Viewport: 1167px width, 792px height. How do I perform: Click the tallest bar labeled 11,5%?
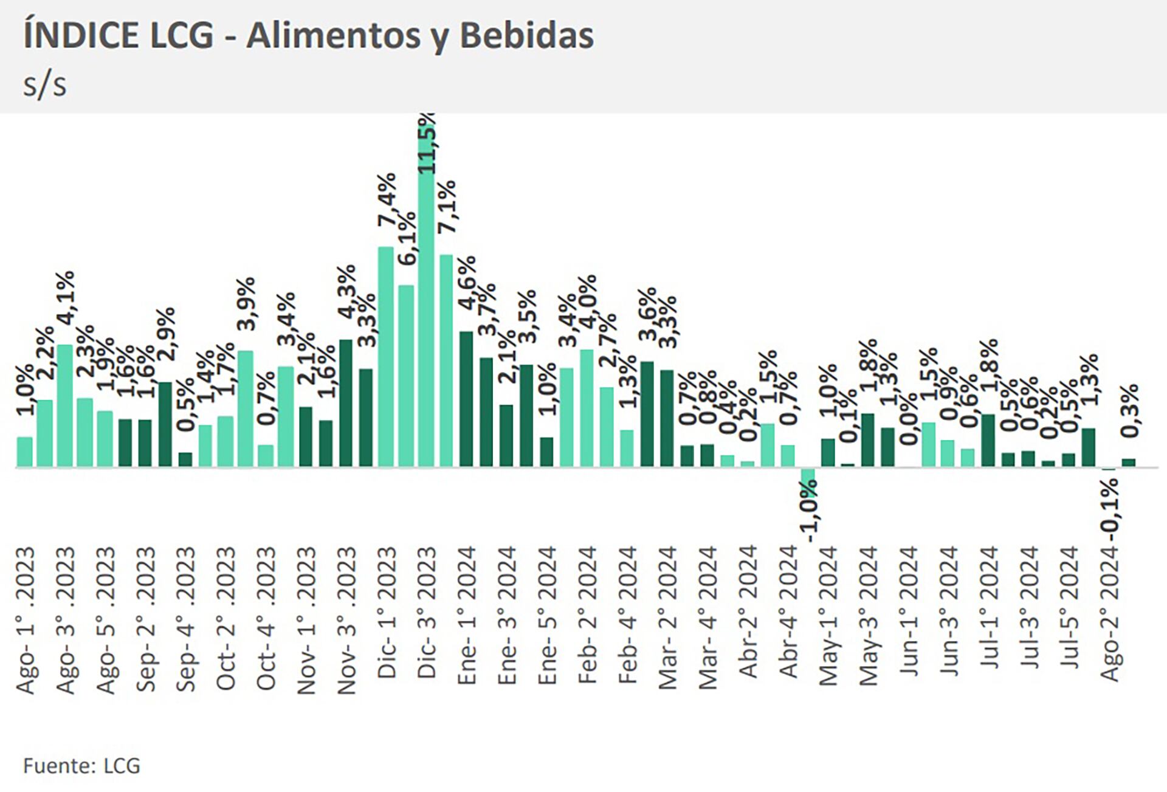[427, 292]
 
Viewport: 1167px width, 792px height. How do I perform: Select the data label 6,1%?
[407, 238]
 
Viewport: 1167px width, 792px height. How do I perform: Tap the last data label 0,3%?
[1130, 411]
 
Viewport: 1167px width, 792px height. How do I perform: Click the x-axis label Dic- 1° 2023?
[387, 612]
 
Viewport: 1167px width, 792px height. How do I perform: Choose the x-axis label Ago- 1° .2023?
[26, 620]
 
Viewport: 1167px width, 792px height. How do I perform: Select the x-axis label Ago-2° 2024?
[1110, 614]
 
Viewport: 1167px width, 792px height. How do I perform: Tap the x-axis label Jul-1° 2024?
[990, 608]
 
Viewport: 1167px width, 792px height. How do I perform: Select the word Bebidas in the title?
[526, 35]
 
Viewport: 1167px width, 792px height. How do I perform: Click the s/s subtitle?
[44, 85]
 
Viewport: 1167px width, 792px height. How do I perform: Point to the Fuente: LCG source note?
[81, 765]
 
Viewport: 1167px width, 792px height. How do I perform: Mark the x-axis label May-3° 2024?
[869, 616]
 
